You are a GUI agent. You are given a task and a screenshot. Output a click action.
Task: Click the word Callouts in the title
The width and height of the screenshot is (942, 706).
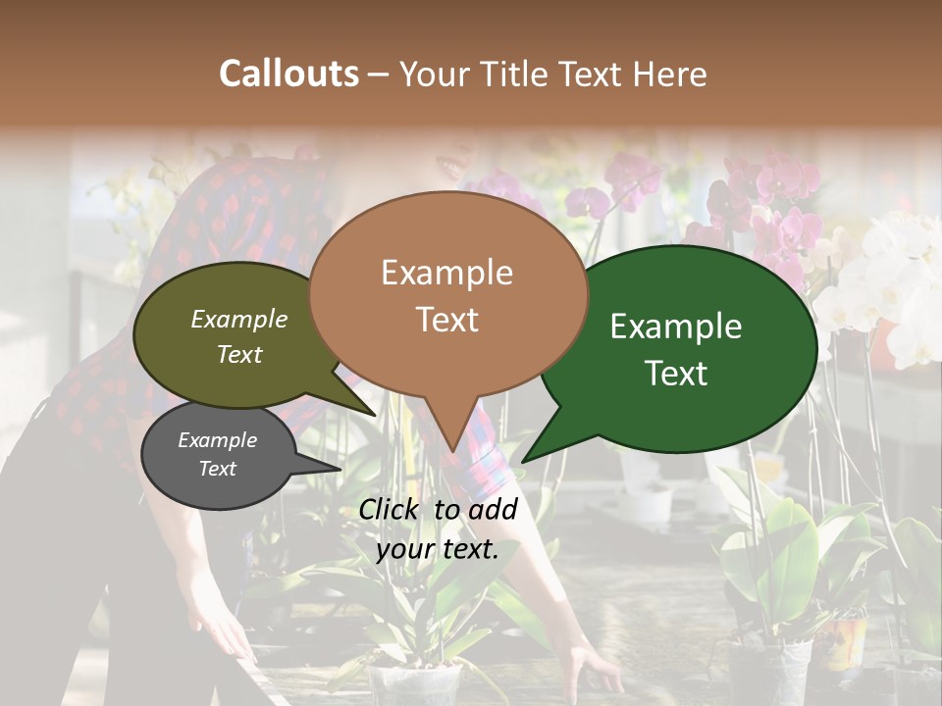(288, 74)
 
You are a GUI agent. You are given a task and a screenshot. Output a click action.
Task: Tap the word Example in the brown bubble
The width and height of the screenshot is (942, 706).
(446, 273)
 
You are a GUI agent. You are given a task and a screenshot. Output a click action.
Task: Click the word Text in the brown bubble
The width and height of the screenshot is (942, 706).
(446, 319)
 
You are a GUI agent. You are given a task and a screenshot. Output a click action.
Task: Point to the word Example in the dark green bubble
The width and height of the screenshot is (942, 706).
(676, 327)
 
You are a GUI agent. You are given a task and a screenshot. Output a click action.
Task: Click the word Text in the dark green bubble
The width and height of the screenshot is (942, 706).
(676, 373)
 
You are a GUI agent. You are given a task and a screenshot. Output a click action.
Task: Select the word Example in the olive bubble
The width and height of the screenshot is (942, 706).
(239, 319)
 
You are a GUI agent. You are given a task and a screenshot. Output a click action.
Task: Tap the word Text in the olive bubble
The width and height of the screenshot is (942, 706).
(239, 354)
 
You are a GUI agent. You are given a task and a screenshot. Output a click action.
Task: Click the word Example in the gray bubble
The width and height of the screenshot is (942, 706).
(217, 440)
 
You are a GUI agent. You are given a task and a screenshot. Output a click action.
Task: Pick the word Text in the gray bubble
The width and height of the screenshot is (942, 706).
(217, 468)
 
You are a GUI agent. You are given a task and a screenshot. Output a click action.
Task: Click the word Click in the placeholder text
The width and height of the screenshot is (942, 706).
(392, 509)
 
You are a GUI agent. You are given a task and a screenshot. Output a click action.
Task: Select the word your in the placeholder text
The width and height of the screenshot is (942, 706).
(403, 549)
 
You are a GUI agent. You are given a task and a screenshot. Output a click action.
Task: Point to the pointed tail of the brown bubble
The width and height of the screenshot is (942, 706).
(452, 446)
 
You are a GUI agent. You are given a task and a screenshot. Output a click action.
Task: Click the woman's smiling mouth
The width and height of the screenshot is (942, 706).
(454, 167)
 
